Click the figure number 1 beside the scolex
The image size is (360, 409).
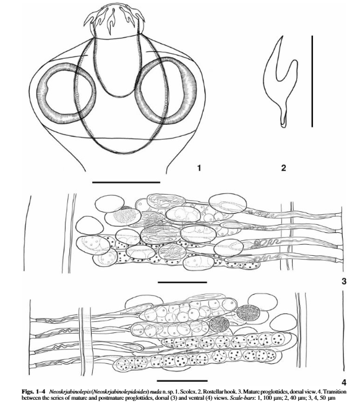click(199, 167)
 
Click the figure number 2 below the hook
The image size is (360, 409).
click(283, 167)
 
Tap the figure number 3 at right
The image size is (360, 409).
click(344, 281)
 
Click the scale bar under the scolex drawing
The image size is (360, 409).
click(126, 182)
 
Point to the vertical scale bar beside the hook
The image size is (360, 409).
click(312, 82)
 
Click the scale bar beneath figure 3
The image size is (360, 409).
click(182, 282)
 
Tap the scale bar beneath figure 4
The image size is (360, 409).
click(182, 381)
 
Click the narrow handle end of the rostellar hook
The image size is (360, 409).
click(284, 125)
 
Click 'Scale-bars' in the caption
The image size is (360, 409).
click(236, 398)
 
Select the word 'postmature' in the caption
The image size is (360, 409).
click(114, 398)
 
